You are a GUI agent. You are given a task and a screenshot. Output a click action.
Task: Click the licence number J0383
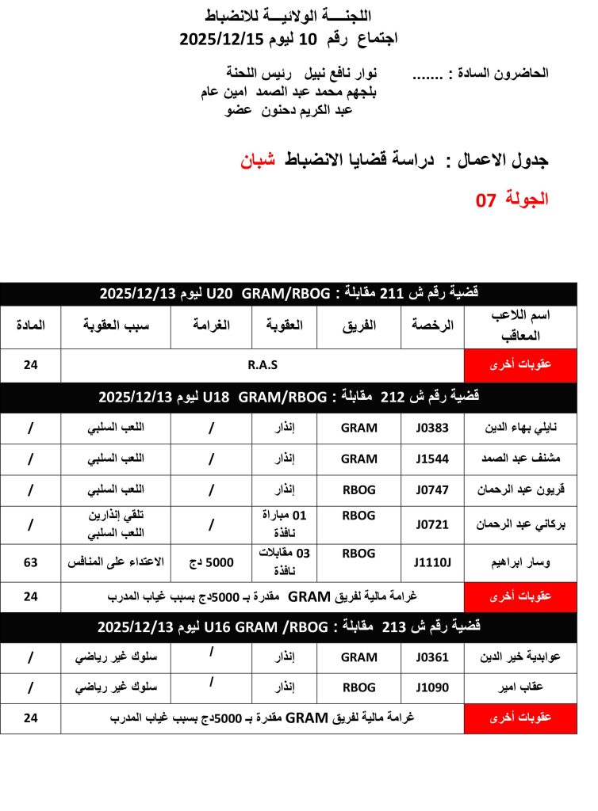click(x=432, y=428)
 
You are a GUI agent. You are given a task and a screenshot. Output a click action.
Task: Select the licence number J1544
click(x=432, y=459)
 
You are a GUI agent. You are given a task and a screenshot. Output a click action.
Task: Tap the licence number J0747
click(x=432, y=489)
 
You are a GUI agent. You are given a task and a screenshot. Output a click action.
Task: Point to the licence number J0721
click(x=432, y=524)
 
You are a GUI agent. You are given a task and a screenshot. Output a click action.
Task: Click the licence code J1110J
click(x=432, y=562)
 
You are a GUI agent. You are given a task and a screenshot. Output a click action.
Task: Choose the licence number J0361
click(x=432, y=657)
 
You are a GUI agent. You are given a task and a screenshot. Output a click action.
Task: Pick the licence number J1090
click(x=432, y=688)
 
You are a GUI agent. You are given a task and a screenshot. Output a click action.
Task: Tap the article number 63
click(x=31, y=562)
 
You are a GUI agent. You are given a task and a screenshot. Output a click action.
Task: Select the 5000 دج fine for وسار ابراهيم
click(x=210, y=562)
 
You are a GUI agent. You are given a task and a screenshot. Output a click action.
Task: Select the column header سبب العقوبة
click(x=116, y=326)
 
